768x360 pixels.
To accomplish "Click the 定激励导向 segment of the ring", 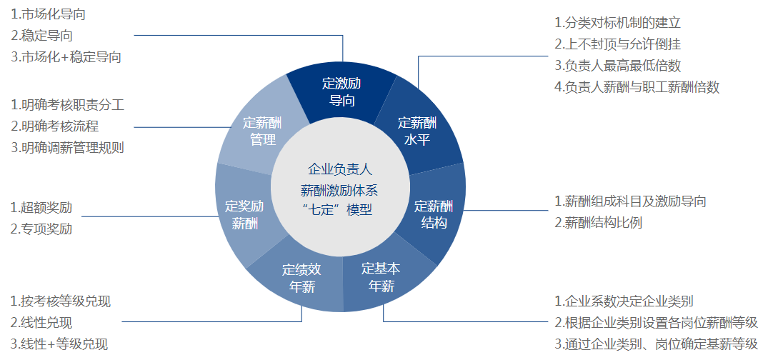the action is click(341, 91).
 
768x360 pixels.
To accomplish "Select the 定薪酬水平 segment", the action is click(417, 131).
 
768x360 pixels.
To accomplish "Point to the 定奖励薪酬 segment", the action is click(244, 214).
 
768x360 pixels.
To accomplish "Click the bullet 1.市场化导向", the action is click(48, 14).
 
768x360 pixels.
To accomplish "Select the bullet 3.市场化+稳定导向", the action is click(66, 57).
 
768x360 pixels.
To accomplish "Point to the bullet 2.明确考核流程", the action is click(55, 126).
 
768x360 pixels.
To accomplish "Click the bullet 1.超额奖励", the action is click(41, 207).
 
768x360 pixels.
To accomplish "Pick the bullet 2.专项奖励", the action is click(41, 229).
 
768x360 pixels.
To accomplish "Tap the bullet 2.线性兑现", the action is click(41, 323).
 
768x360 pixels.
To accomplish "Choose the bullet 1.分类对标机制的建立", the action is click(618, 23).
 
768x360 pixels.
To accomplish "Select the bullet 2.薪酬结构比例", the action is click(598, 222).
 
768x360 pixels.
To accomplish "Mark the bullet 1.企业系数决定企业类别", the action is click(624, 301).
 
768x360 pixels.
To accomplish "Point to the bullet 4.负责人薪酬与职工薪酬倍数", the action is click(637, 87).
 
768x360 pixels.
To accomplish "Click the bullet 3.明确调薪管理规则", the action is click(68, 148).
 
